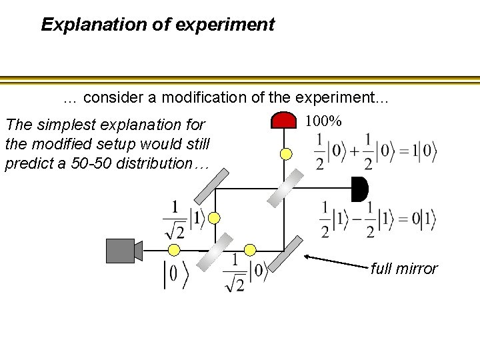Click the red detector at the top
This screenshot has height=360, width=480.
pos(283,120)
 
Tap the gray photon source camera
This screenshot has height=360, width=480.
pos(121,251)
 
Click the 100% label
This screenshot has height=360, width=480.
pos(323,121)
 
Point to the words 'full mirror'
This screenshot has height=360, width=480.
pos(404,269)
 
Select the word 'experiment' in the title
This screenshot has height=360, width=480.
pos(237,25)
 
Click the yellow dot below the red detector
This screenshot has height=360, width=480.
pos(286,154)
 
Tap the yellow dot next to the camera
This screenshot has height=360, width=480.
pos(174,250)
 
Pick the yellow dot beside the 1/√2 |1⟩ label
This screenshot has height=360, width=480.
pos(215,217)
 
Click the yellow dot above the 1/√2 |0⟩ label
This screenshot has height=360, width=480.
pos(250,249)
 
